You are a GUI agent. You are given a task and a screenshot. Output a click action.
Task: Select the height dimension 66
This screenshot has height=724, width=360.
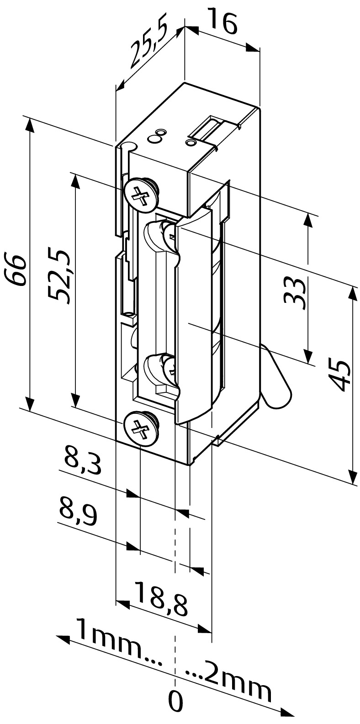[16, 270]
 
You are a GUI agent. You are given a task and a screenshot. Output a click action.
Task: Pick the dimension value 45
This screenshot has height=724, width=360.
[339, 375]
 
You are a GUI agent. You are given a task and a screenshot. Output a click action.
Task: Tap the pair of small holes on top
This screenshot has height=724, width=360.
[156, 136]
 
